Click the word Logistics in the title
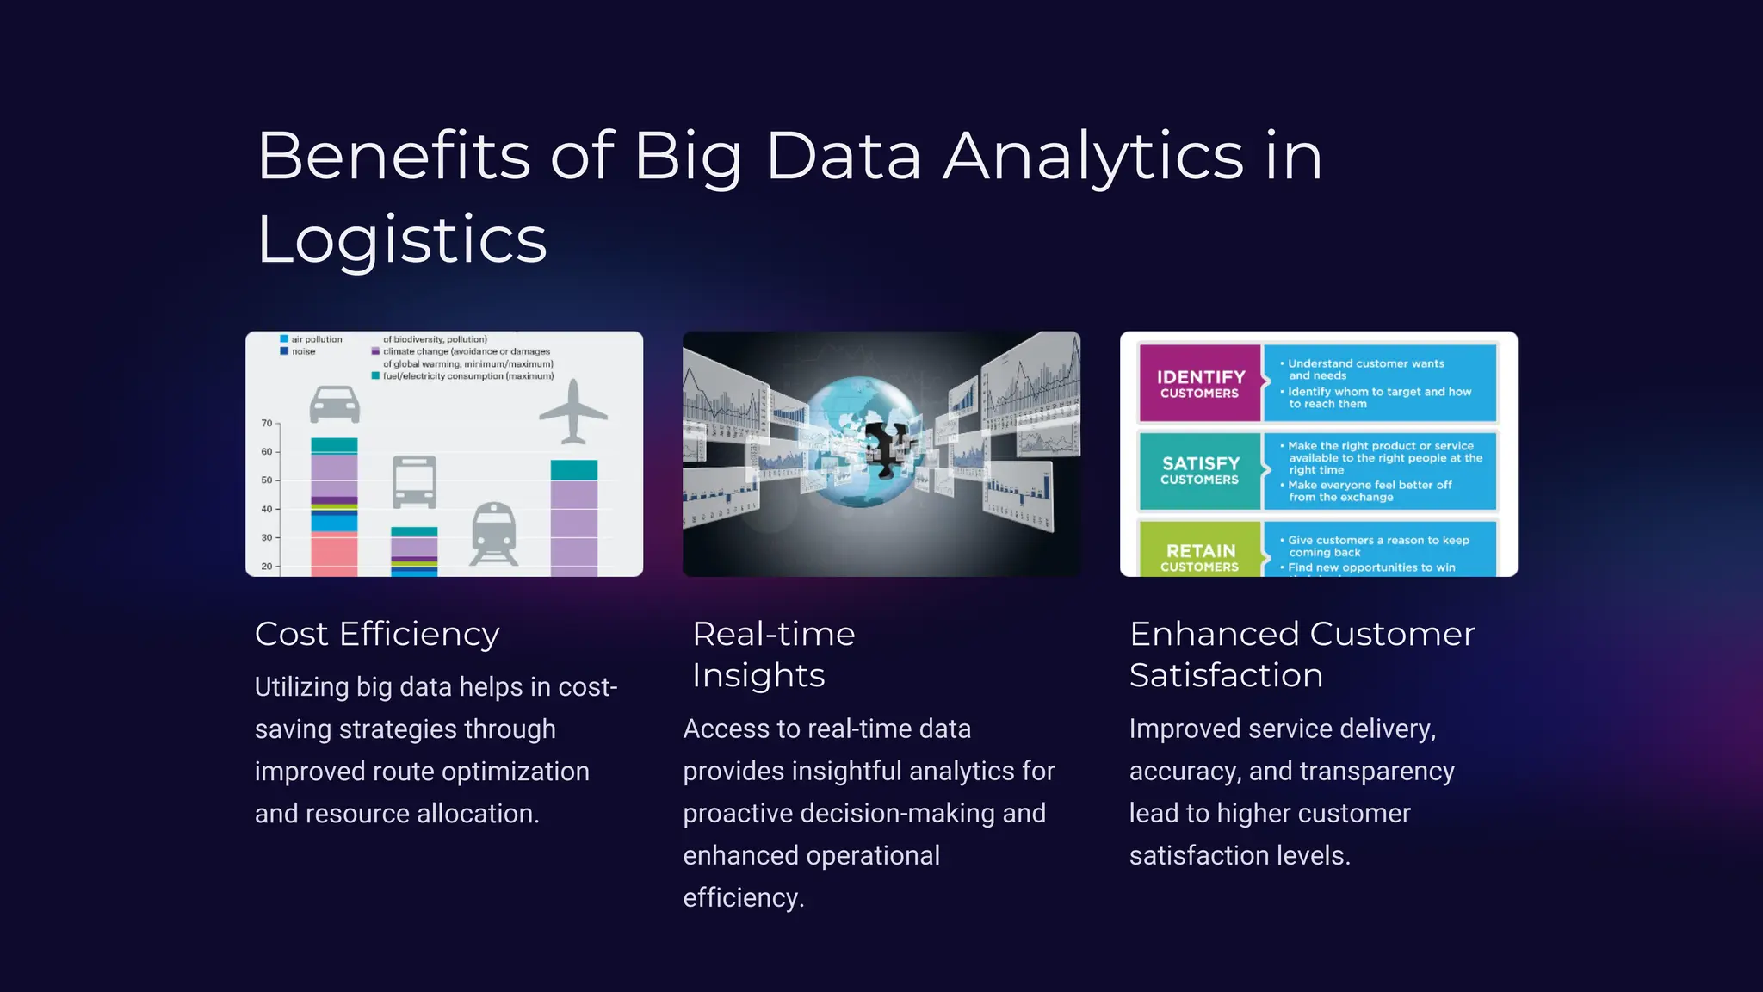point(402,239)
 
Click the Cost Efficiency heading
point(377,634)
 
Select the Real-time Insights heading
point(773,654)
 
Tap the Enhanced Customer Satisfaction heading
point(1302,654)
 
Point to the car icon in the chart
point(334,404)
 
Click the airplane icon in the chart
point(573,412)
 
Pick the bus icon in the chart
point(414,481)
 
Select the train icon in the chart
point(495,533)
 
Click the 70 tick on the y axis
point(267,424)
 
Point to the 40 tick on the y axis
point(267,510)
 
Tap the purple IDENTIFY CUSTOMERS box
point(1200,383)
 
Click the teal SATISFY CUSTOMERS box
point(1200,470)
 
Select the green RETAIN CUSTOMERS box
point(1200,555)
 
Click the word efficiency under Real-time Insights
point(742,898)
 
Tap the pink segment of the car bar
point(334,555)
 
